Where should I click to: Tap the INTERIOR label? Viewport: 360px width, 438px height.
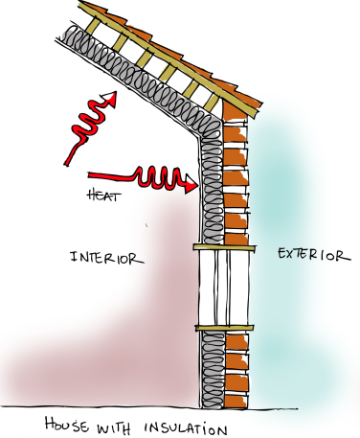pos(106,257)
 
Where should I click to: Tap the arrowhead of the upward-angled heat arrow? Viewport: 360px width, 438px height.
pos(111,97)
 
